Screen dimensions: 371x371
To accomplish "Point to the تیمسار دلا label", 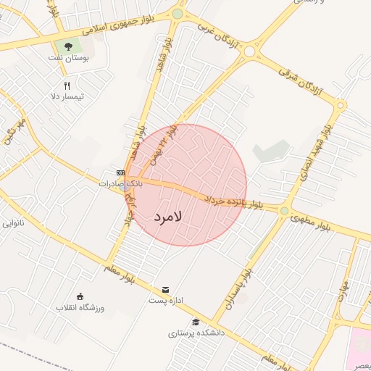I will pyautogui.click(x=67, y=96).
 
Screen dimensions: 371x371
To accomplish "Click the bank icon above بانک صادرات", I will pyautogui.click(x=120, y=173).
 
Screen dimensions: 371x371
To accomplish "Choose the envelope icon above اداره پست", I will pyautogui.click(x=166, y=289).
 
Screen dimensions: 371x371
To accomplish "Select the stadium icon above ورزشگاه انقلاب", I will pyautogui.click(x=80, y=296).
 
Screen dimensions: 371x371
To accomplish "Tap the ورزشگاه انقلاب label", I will pyautogui.click(x=81, y=307).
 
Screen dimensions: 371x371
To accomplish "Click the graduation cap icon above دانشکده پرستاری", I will pyautogui.click(x=195, y=322).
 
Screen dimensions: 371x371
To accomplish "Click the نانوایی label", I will pyautogui.click(x=13, y=223).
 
